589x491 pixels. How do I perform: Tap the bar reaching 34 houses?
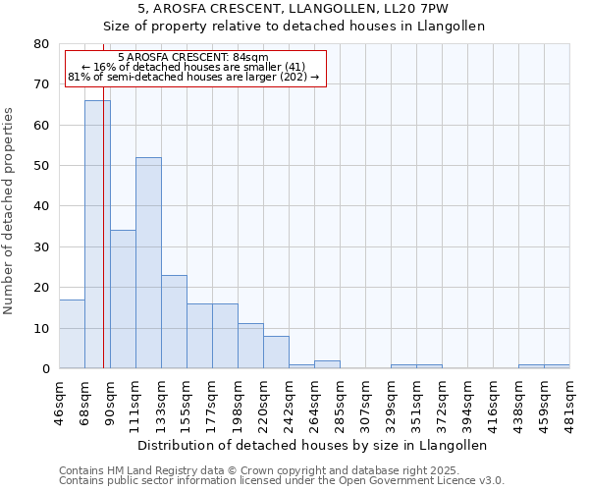tap(123, 300)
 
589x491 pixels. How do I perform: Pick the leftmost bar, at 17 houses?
tap(72, 334)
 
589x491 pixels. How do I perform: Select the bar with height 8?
tap(276, 353)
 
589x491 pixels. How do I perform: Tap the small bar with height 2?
tap(327, 364)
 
